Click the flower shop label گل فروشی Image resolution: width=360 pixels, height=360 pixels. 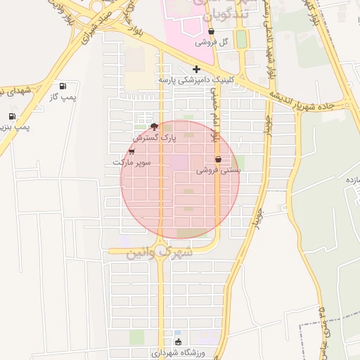[214, 42]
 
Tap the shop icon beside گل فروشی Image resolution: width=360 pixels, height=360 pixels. [212, 32]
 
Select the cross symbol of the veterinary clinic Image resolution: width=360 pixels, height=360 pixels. [196, 69]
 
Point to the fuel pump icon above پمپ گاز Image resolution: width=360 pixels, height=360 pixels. [64, 85]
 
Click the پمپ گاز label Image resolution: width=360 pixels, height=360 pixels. [63, 96]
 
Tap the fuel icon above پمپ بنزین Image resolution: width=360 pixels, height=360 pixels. [12, 117]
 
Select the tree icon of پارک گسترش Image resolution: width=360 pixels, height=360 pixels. [154, 127]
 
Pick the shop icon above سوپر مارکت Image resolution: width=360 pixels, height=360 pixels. [131, 151]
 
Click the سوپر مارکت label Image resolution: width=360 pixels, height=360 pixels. [132, 162]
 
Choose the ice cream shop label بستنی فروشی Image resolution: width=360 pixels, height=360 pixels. [219, 170]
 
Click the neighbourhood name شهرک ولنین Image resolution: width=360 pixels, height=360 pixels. [158, 252]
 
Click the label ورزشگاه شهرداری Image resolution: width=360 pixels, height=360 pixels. [179, 352]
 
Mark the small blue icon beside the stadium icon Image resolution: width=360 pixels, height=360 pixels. [177, 333]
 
